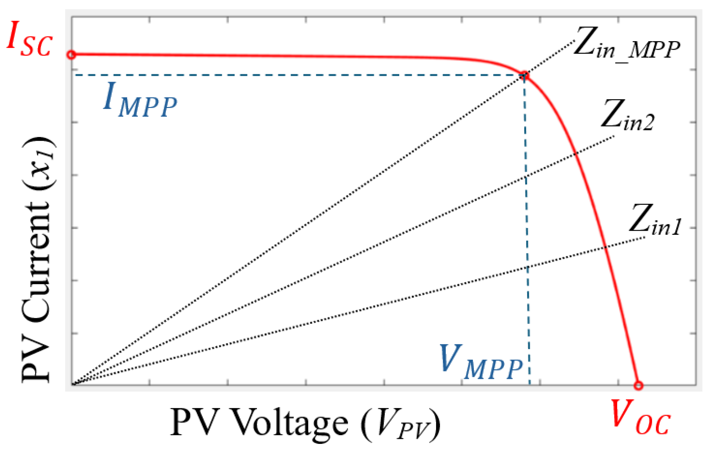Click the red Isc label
click(29, 39)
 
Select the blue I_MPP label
click(140, 100)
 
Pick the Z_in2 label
click(627, 115)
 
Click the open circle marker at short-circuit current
click(71, 55)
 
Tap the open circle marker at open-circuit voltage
click(638, 385)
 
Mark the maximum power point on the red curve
click(524, 75)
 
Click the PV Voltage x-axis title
click(305, 423)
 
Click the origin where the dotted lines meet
click(72, 384)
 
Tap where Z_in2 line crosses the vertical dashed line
click(526, 176)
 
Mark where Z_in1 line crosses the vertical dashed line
click(527, 268)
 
